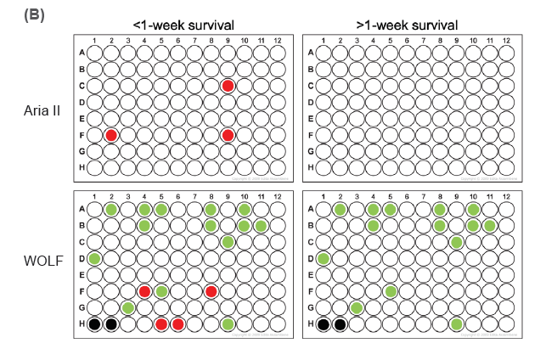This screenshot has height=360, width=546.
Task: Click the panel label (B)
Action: [35, 15]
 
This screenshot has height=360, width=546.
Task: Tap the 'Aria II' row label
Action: [42, 110]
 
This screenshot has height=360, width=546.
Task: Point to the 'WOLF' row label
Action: [42, 258]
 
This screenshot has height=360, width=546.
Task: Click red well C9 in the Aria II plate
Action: [228, 86]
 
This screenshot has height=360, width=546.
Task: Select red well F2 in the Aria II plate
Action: [110, 135]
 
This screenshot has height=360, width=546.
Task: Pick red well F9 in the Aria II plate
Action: [228, 135]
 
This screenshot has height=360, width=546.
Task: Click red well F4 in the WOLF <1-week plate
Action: [144, 291]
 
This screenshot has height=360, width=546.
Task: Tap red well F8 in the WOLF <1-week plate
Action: [211, 291]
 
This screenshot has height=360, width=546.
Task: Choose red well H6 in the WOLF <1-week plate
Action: [177, 324]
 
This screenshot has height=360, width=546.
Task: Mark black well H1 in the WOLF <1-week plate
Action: [94, 324]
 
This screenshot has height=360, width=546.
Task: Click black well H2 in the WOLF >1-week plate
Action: [340, 324]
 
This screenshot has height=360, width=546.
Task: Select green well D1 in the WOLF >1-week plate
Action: [324, 258]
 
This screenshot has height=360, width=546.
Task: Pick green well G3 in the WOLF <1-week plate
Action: [127, 307]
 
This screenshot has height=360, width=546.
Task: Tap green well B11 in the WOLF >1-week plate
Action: [489, 226]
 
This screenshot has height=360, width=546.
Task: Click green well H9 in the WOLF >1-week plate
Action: [456, 324]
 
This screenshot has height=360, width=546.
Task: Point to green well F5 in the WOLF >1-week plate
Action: [390, 291]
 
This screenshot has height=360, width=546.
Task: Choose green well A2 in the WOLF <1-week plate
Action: [110, 209]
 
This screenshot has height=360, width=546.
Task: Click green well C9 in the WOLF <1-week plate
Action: [228, 242]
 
